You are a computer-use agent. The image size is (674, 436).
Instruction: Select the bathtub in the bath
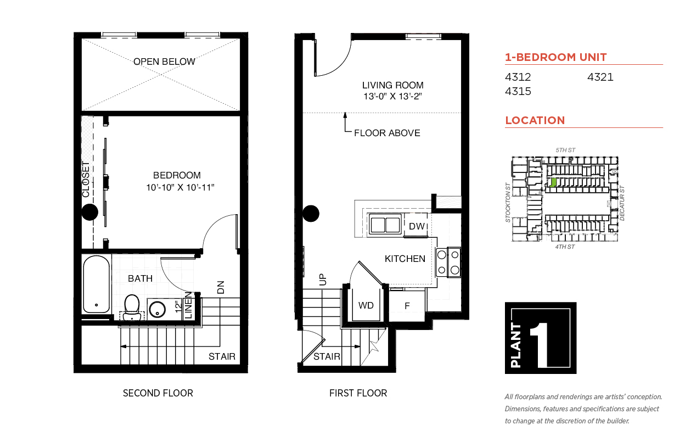click(x=96, y=284)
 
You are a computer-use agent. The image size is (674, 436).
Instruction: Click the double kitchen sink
click(x=385, y=225)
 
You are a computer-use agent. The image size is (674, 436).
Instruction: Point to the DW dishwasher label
click(x=417, y=226)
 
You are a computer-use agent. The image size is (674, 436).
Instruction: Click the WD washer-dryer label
click(x=366, y=305)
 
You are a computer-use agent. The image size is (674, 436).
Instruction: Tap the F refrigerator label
click(x=407, y=306)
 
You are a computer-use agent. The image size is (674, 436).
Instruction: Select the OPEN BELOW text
click(x=164, y=62)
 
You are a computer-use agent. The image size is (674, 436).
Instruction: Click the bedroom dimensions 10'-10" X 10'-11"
click(x=180, y=187)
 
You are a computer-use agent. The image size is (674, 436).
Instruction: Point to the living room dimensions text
click(x=392, y=96)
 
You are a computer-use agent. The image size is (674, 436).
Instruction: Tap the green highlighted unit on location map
click(x=553, y=182)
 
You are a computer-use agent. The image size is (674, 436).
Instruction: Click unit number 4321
click(x=600, y=77)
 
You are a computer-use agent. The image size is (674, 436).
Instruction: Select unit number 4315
click(x=518, y=91)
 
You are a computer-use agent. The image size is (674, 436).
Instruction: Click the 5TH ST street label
click(x=565, y=150)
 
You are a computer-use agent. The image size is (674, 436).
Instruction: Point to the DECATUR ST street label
click(x=622, y=203)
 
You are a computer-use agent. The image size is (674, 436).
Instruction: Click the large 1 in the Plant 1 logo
click(x=540, y=345)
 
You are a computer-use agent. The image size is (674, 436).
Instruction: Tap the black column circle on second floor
click(x=89, y=212)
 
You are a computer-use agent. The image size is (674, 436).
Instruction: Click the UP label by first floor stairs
click(x=322, y=280)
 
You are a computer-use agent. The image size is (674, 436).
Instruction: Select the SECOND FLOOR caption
click(x=158, y=393)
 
